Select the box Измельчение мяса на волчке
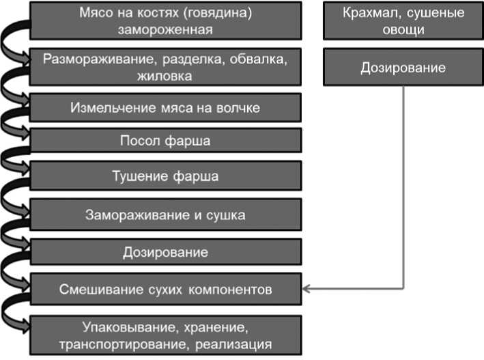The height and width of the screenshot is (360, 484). (165, 107)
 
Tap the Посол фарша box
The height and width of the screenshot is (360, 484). (165, 141)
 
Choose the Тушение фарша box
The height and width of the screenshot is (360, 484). (165, 177)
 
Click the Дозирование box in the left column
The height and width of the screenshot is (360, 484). (165, 252)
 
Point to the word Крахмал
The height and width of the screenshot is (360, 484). (369, 14)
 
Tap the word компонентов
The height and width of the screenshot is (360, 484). (230, 290)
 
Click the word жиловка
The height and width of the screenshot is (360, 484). (165, 76)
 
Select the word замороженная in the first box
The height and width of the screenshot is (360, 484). (165, 30)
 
